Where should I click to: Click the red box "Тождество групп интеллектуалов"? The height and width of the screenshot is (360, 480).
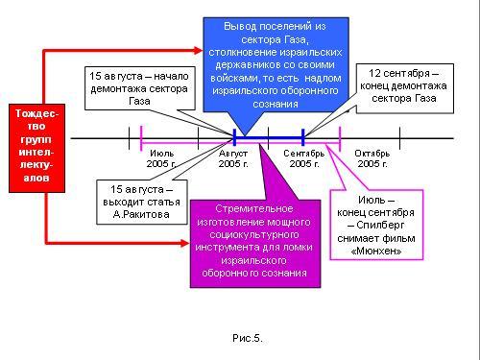click(36, 148)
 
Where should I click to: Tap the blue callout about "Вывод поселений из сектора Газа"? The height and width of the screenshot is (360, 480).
click(276, 64)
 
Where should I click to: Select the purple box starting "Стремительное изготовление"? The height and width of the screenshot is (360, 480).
click(255, 244)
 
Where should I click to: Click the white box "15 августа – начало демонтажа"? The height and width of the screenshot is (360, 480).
click(140, 88)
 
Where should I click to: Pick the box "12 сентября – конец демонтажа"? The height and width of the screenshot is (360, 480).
click(405, 88)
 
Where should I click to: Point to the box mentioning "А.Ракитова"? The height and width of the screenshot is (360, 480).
click(142, 202)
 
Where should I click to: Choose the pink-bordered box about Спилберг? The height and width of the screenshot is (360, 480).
click(376, 225)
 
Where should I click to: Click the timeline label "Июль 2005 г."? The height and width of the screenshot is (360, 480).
click(162, 158)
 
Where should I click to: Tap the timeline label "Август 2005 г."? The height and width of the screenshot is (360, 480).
click(233, 158)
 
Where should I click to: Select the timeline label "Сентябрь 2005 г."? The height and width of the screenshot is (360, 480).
click(304, 158)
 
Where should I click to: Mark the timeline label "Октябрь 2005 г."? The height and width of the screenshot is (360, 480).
click(372, 158)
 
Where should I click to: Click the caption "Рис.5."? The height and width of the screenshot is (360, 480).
click(248, 338)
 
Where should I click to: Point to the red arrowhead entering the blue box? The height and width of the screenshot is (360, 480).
click(199, 50)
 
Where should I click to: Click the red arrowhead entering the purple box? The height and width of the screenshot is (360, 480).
click(185, 243)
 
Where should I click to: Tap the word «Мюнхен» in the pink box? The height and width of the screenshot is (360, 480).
click(376, 252)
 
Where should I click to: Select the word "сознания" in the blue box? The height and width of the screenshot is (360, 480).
click(276, 104)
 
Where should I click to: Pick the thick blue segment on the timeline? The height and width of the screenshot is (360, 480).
click(269, 138)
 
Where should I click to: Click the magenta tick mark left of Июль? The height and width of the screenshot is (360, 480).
click(141, 138)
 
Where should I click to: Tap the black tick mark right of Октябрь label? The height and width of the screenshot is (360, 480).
click(400, 138)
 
